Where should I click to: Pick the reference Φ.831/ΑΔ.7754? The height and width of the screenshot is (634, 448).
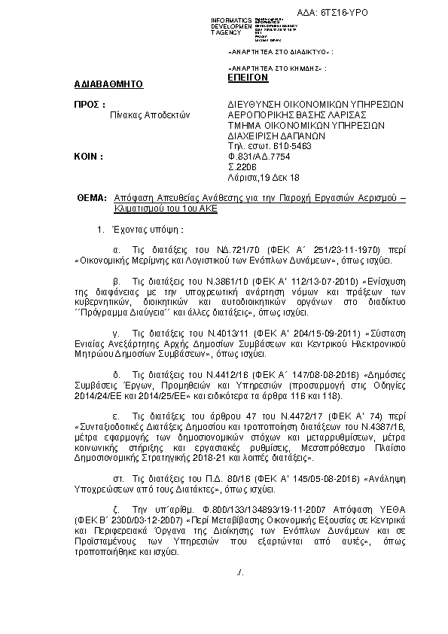(258, 157)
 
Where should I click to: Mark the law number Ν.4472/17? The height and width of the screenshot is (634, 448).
(282, 414)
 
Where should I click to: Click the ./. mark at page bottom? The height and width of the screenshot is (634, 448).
(239, 573)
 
